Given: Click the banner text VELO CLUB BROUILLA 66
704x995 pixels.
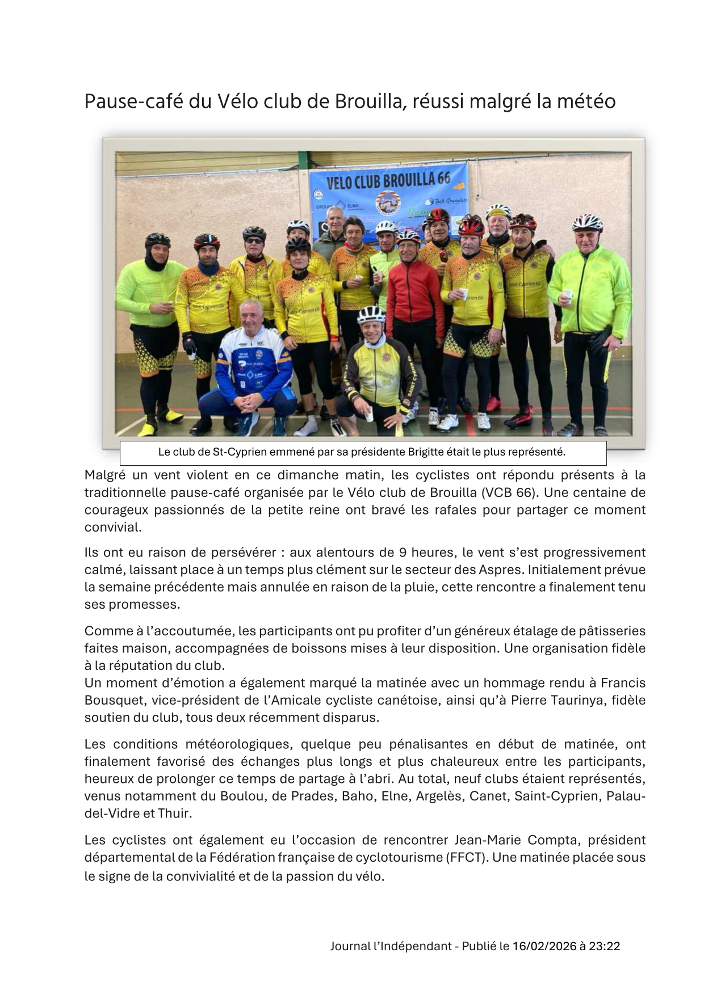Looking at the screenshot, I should click(388, 181).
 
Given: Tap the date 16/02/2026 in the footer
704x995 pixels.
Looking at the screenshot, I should click(543, 946).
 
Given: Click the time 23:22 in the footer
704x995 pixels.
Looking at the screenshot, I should click(604, 946).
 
